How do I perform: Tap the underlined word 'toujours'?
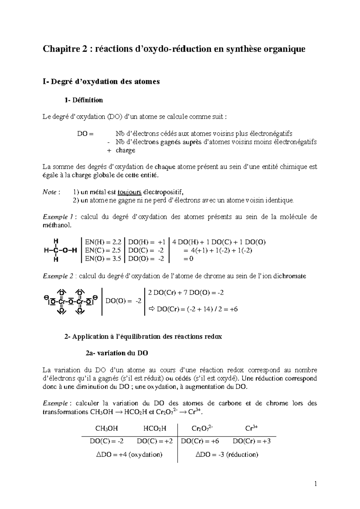[x=130, y=192]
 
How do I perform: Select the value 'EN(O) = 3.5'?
[x=103, y=259]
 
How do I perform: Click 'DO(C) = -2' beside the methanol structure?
[x=146, y=250]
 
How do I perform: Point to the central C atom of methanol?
[x=55, y=250]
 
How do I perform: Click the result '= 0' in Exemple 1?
[x=188, y=259]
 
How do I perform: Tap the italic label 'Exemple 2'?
[x=58, y=276]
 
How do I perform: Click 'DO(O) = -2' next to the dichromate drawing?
[x=123, y=301]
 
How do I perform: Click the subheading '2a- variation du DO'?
[x=117, y=353]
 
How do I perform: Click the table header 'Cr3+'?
[x=251, y=428]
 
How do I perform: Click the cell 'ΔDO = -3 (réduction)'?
[x=227, y=454]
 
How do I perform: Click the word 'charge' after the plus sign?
[x=125, y=150]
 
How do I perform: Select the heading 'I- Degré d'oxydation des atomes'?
[x=101, y=82]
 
